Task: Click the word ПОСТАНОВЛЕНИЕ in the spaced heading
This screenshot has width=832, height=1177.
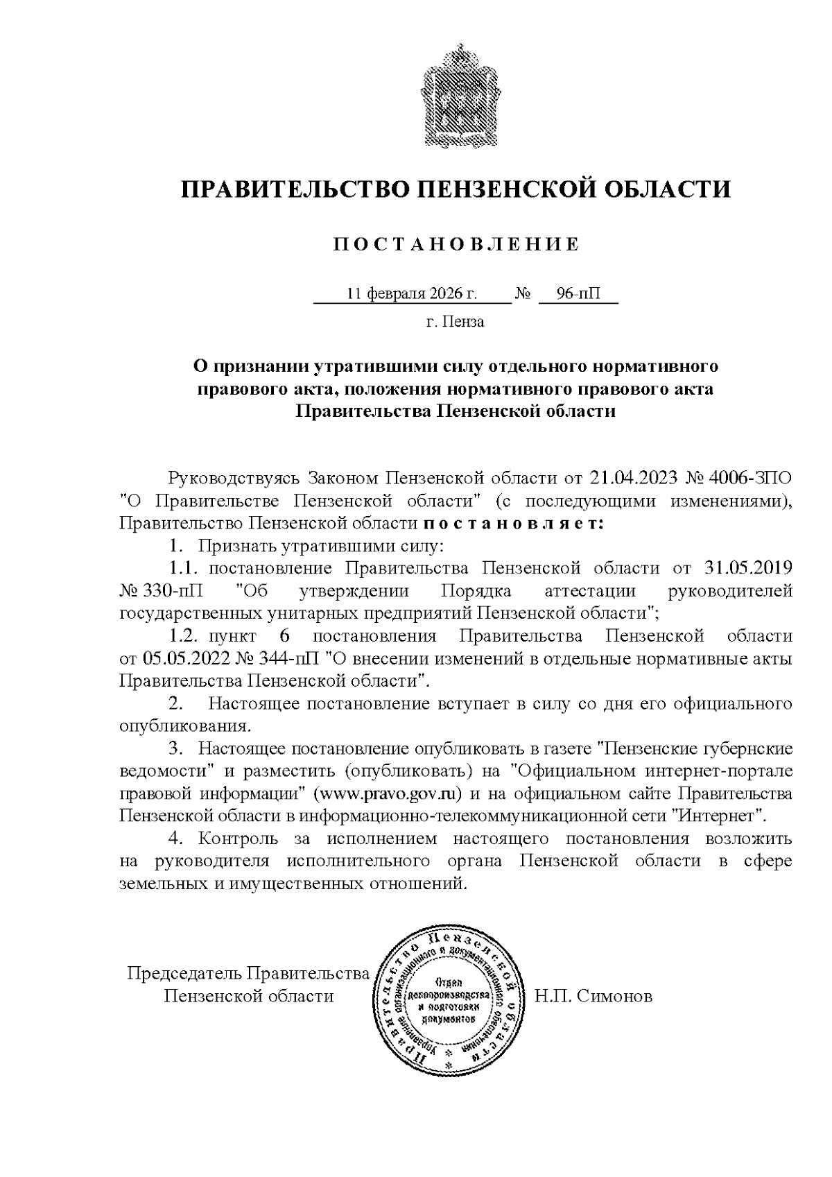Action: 456,244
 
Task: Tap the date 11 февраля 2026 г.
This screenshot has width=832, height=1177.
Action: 412,293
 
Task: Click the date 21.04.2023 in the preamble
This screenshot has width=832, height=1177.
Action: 633,478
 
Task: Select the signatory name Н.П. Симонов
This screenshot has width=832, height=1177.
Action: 593,997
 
